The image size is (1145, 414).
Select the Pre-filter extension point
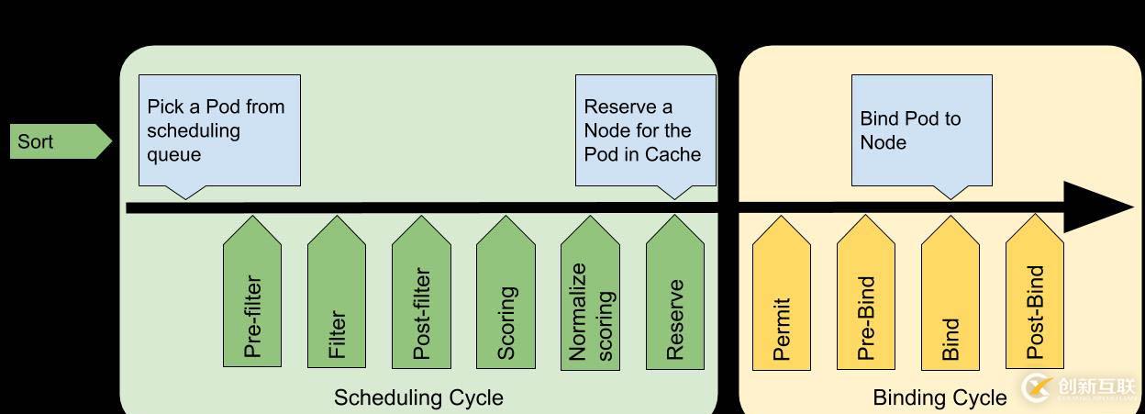click(x=252, y=298)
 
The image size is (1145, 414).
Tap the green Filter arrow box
click(x=337, y=298)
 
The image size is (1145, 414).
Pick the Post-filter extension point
click(x=421, y=298)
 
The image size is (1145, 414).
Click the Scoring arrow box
click(x=506, y=298)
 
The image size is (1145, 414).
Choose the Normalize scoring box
click(x=590, y=298)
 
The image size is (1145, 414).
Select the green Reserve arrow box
click(x=675, y=298)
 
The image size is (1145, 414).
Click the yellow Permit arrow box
click(x=782, y=298)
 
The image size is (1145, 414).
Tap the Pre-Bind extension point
click(x=866, y=298)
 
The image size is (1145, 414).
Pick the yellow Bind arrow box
click(x=950, y=298)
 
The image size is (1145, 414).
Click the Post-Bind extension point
click(x=1035, y=298)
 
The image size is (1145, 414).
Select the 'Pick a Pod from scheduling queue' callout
click(x=220, y=130)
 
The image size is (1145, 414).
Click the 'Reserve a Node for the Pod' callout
click(x=645, y=130)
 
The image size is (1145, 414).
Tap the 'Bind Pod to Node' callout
click(x=921, y=130)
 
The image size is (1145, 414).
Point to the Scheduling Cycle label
click(x=418, y=397)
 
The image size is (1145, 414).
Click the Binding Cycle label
click(x=939, y=397)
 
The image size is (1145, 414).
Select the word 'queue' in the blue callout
click(x=173, y=154)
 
